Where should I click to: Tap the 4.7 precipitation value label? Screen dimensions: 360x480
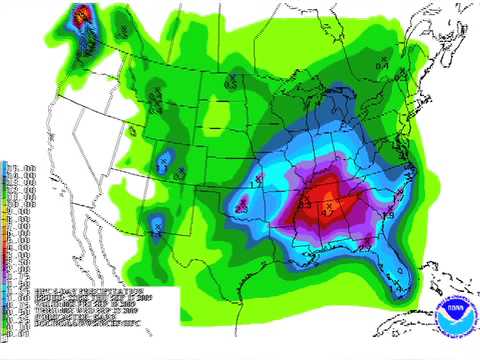coord(329,212)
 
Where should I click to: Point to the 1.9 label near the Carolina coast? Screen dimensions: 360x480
coord(389,215)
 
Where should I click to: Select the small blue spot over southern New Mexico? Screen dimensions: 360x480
coord(158,229)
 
